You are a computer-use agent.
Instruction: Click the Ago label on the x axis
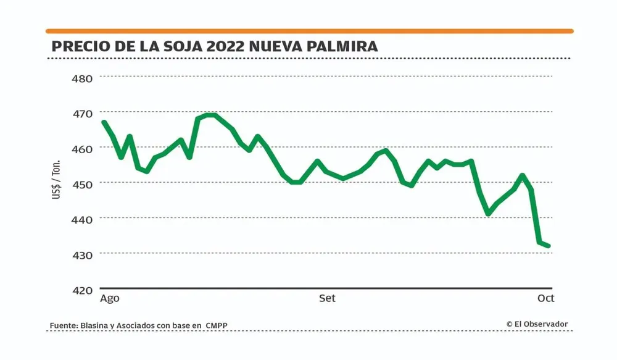click(x=109, y=298)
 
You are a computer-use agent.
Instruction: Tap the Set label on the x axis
click(x=327, y=298)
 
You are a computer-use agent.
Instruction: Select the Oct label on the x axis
click(x=545, y=298)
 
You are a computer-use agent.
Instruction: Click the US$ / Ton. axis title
click(x=56, y=179)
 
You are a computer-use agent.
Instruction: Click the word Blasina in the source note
click(x=94, y=325)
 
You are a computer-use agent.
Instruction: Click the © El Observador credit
click(x=537, y=324)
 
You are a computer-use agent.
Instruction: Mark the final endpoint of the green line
click(x=549, y=246)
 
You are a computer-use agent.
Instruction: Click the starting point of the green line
click(x=104, y=122)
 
